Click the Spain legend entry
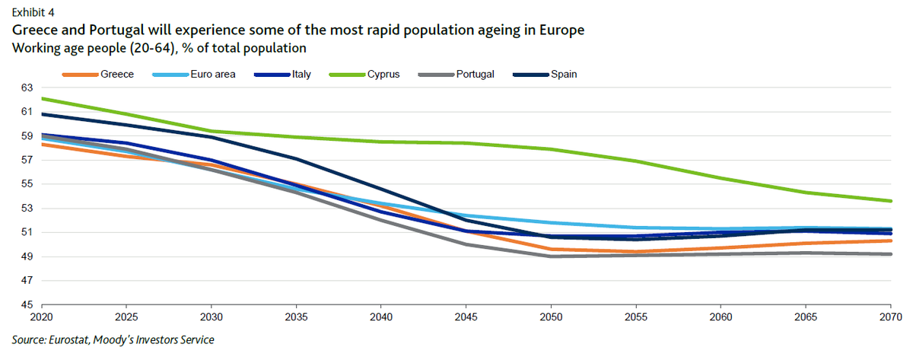[562, 75]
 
